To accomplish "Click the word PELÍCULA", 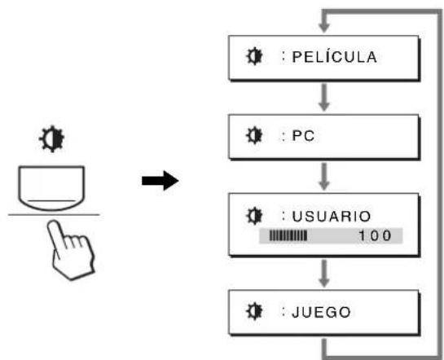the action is click(334, 56).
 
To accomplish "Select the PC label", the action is click(303, 136).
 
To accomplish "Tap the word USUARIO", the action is click(332, 217).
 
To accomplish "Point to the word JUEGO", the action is click(321, 313).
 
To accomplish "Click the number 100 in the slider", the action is click(376, 235).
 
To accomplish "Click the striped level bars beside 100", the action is click(288, 235).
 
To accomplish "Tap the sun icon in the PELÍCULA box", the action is click(253, 56).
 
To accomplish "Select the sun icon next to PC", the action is click(253, 135).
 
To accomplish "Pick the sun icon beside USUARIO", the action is click(253, 216).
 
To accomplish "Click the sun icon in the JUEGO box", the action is click(253, 311).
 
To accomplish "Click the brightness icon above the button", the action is click(51, 138).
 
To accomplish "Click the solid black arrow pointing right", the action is click(160, 181).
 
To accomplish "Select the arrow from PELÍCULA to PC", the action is click(324, 97).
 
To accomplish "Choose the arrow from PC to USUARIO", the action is click(324, 176).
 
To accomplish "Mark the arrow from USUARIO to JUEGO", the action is click(324, 274).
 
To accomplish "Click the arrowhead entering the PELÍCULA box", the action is click(324, 28).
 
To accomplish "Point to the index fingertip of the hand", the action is click(52, 224).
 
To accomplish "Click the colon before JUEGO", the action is click(284, 311).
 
